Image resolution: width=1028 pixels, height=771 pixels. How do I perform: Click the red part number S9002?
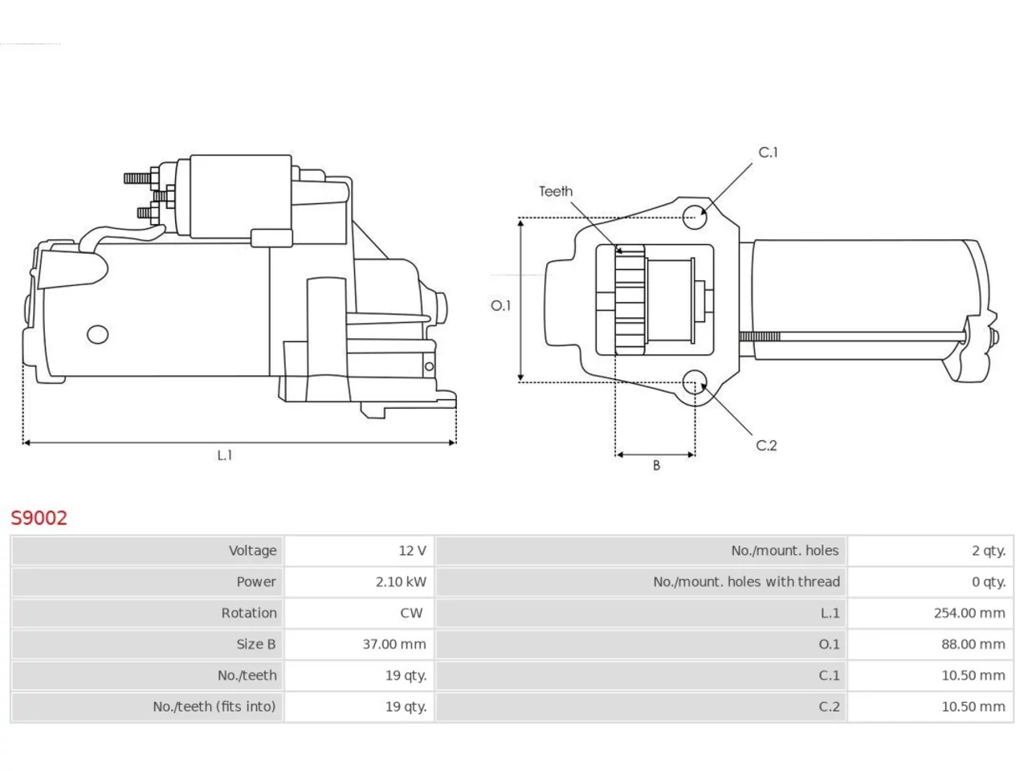coord(39,518)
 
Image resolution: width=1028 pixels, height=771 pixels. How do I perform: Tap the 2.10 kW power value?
coord(401,582)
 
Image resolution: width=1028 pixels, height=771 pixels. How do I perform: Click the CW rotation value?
coord(411,613)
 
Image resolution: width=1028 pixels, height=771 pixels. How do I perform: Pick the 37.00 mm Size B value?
coord(394,644)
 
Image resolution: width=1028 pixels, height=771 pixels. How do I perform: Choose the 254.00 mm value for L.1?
coord(969,613)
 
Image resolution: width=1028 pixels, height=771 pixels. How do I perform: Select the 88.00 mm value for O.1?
coord(973,644)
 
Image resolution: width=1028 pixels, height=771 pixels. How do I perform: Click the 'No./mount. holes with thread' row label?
coord(746,582)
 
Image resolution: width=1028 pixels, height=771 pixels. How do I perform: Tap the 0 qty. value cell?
coord(988,582)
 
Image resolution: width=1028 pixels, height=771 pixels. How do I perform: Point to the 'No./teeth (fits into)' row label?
coord(214,707)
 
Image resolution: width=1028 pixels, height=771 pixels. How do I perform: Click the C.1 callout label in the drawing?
coord(768,152)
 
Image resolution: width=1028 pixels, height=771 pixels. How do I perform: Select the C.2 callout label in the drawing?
coord(766,445)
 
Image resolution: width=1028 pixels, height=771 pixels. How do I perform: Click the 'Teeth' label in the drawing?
coord(556,191)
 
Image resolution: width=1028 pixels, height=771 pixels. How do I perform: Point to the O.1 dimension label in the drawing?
coord(500,306)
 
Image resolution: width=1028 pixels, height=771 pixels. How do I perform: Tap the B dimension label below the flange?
coord(656,465)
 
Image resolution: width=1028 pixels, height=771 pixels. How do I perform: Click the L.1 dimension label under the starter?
coord(225,455)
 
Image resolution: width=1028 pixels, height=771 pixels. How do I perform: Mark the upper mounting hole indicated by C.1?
coord(695,217)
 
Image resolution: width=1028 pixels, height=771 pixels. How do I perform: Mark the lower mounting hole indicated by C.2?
coord(695,382)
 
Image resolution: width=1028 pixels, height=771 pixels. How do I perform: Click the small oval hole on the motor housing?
coord(97,334)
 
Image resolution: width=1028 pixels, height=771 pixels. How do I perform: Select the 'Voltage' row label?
coord(252,550)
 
